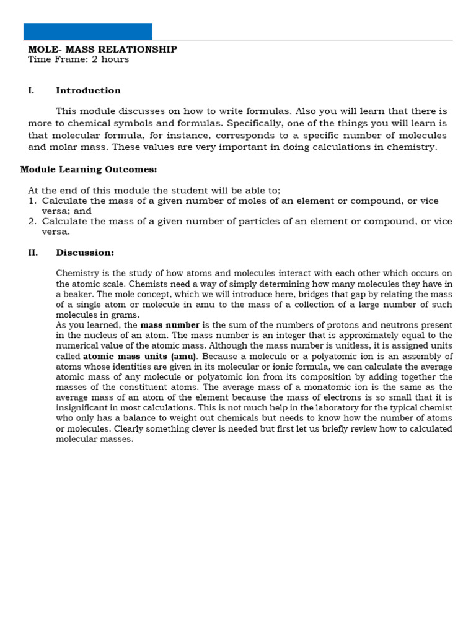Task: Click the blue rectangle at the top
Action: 87,32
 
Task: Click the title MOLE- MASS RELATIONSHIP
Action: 102,50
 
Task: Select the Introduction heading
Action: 88,90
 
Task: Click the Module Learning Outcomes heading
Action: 89,169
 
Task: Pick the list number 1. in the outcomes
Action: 32,201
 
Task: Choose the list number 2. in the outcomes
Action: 32,221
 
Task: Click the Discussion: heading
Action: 85,253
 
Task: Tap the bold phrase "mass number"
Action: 170,325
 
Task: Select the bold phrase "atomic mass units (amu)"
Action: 140,357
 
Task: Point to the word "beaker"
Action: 81,294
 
